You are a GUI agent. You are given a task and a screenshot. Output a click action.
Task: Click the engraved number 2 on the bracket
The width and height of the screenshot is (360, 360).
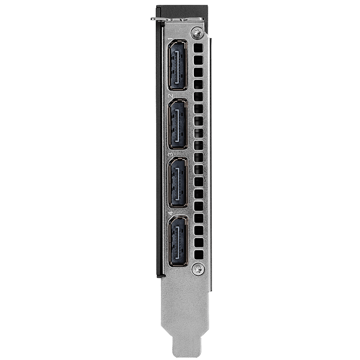[169, 96]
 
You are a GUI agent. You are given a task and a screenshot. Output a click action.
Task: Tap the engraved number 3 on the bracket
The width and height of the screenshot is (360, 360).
[169, 155]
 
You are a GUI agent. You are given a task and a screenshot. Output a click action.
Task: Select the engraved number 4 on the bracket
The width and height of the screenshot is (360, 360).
[169, 214]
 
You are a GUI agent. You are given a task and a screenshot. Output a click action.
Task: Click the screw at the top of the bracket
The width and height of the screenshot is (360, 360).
[197, 33]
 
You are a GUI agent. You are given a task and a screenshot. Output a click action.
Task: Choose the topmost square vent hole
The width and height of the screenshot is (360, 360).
[198, 48]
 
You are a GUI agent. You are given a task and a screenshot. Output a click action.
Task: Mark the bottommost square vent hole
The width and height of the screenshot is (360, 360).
[198, 253]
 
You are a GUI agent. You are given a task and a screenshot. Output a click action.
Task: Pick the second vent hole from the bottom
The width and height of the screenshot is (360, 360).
[198, 241]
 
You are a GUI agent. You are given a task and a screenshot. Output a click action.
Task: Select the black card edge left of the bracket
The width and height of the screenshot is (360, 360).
[158, 147]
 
